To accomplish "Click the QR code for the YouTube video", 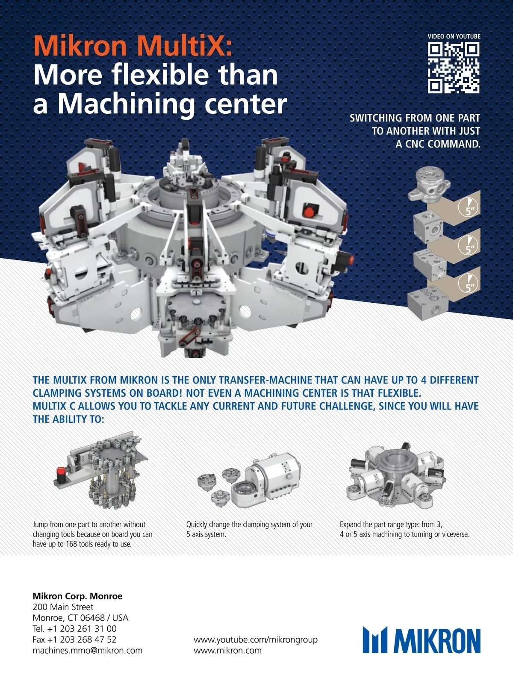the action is coord(454,68).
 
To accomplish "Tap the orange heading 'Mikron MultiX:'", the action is coord(133,46).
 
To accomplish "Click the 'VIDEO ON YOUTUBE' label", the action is coord(454,36).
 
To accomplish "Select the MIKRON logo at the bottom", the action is coord(422,640).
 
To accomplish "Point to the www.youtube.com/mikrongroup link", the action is coord(256,640).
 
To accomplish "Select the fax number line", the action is coord(74,640).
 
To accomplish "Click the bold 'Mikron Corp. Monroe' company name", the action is coord(77,596).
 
